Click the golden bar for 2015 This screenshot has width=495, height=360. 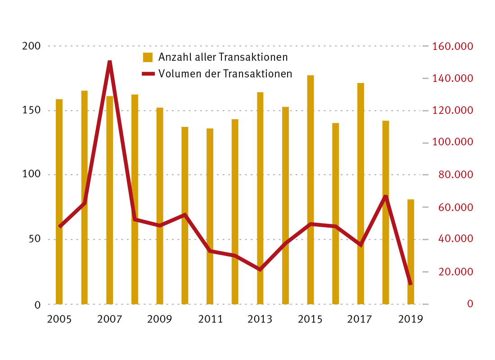[310, 189]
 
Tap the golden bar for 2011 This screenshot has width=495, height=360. [210, 216]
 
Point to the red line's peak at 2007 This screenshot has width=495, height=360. [109, 62]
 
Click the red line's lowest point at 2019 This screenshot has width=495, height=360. [410, 283]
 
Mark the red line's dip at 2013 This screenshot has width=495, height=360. [260, 269]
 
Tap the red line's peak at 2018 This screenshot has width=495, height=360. [386, 197]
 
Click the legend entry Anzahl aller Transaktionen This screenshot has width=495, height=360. [223, 57]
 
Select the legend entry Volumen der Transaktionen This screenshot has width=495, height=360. [225, 73]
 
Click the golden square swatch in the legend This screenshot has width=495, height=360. [148, 57]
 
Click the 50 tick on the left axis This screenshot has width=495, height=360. [35, 239]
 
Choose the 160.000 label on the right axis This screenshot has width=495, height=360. [452, 46]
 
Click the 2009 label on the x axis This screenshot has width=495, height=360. [160, 319]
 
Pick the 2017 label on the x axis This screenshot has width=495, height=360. [360, 319]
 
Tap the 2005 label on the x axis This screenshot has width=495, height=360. [59, 319]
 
